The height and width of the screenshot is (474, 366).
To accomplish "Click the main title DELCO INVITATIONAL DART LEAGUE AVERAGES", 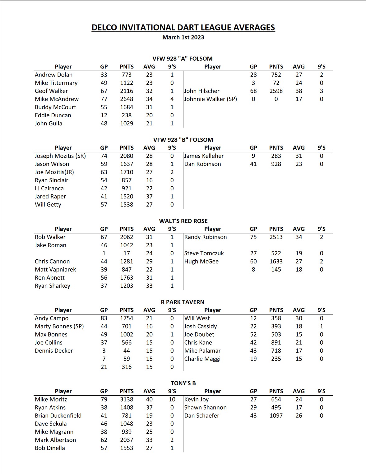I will tap(183, 28).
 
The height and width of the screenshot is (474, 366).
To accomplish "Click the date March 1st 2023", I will tap(183, 37).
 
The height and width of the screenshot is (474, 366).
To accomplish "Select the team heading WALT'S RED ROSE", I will tap(183, 221).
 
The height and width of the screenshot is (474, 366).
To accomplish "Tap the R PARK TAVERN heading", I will tap(183, 302).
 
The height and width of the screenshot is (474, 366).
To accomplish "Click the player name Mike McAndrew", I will tap(57, 99).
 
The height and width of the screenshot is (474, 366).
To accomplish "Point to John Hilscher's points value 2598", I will tap(276, 91).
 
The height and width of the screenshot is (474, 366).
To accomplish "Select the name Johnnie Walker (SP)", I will tap(211, 99).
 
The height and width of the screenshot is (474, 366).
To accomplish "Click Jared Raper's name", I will tap(50, 196).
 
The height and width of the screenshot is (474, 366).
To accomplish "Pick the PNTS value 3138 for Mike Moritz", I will tap(127, 399).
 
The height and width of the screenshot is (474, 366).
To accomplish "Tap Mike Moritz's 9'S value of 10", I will tap(172, 399).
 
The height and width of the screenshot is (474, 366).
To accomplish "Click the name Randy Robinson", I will tap(206, 237).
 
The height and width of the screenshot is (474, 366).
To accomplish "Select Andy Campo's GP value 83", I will tap(104, 318).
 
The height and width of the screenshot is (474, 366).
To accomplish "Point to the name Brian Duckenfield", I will tap(58, 416).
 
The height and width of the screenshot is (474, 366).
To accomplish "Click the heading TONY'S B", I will tap(183, 383).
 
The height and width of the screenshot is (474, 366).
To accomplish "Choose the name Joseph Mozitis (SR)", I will tap(60, 156).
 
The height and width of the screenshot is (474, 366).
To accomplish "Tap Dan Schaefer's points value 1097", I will tap(276, 416).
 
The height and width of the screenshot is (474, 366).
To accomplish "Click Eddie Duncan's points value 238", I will tap(127, 115).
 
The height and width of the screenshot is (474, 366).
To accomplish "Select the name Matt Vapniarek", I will tap(55, 269).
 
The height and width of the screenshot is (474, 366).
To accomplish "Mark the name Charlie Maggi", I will tap(202, 359).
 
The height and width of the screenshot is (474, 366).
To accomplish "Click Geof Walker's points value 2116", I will tap(127, 91).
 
